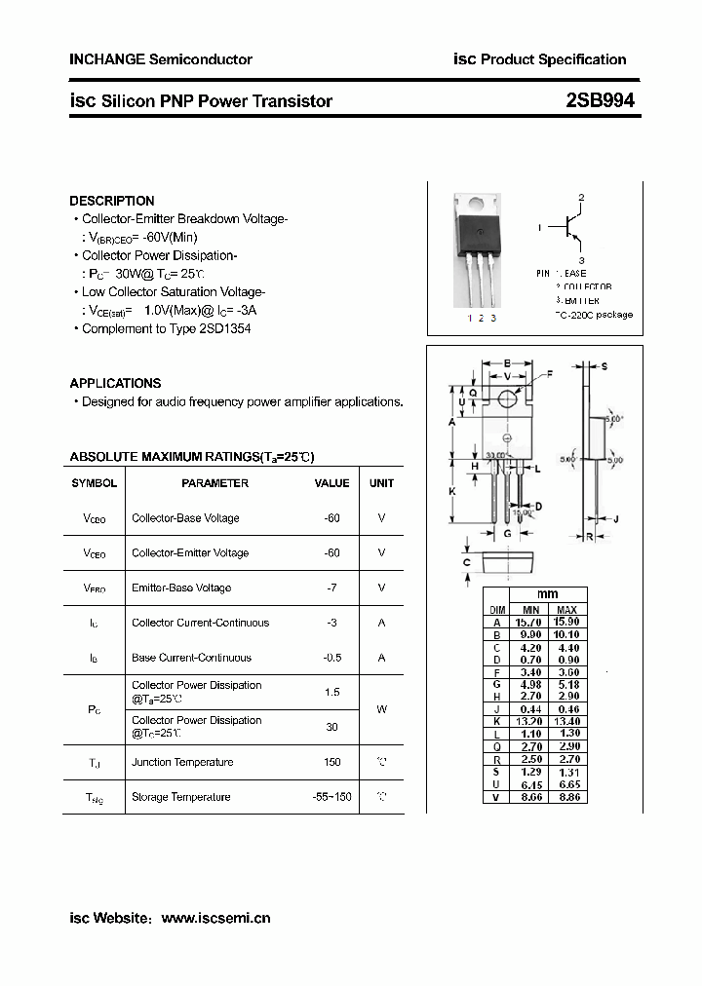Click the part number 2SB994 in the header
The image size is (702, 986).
tap(601, 100)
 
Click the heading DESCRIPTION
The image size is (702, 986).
tap(111, 201)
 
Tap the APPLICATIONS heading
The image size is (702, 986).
tap(115, 383)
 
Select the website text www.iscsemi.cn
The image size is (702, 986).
tap(215, 918)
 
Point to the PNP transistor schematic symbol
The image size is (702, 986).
tap(570, 228)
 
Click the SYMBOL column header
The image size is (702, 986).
tap(95, 483)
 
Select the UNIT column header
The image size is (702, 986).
tap(381, 483)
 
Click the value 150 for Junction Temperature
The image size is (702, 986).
tap(331, 762)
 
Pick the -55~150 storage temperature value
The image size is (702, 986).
tap(331, 797)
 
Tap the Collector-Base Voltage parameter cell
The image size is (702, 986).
tap(185, 518)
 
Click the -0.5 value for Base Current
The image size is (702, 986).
tap(331, 658)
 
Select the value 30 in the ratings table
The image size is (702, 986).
tap(331, 727)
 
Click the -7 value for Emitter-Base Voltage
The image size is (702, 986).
tap(331, 588)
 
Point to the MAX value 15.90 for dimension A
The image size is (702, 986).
tap(566, 622)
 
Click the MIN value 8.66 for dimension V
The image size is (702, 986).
tap(529, 796)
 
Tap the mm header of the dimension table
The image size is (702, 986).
tap(548, 594)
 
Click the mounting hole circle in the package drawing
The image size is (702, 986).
tap(507, 398)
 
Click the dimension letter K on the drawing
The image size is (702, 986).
tap(451, 491)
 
